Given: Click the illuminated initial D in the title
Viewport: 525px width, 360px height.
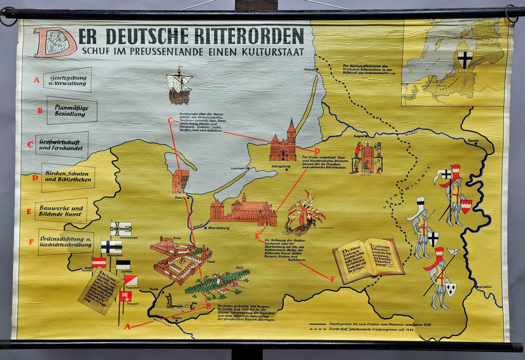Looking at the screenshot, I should pos(54,42).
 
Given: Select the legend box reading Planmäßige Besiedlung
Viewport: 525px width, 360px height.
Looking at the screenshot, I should pos(72,110).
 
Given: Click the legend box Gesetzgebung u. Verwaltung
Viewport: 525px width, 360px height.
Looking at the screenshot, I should pos(68,80).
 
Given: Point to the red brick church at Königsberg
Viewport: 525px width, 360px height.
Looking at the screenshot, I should pos(284,144).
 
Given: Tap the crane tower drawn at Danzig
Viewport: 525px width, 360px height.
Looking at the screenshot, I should pos(180,181).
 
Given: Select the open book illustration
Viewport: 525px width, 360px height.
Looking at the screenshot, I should pos(368,259).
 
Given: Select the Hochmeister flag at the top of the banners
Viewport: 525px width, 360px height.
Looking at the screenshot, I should pos(121,228).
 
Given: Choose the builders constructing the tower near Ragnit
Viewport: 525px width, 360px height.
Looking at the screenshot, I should pos(367,157).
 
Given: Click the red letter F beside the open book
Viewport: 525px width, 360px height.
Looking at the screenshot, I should pos(332,279).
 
